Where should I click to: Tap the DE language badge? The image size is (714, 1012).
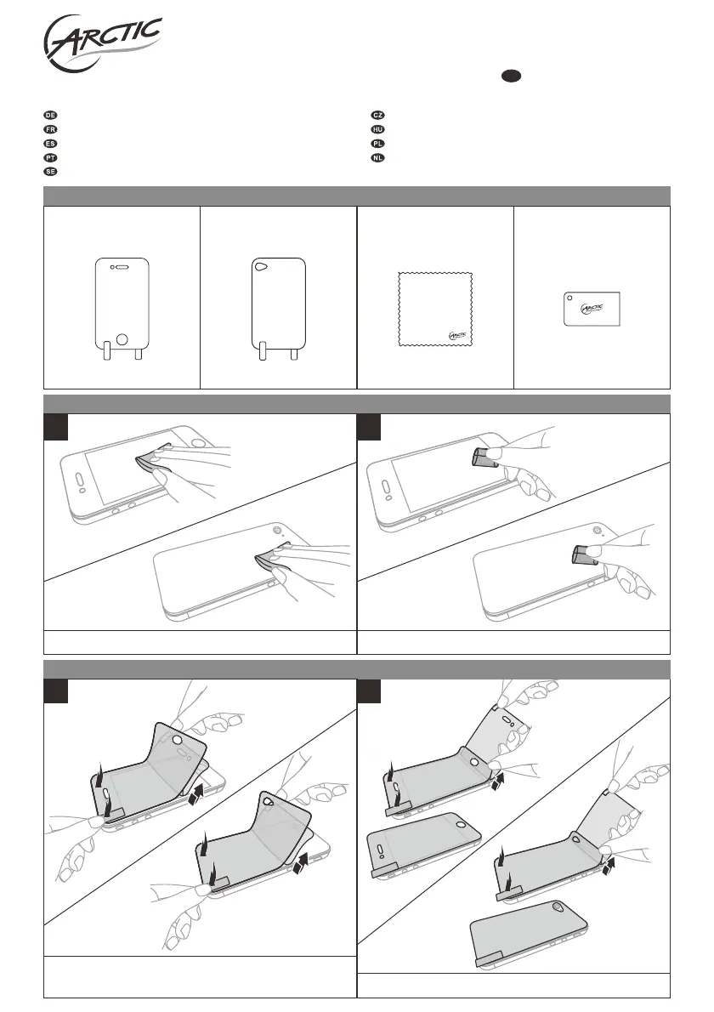click(50, 114)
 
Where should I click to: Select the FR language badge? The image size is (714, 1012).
click(50, 128)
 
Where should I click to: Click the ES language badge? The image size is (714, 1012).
click(50, 143)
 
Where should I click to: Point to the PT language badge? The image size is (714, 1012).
click(50, 157)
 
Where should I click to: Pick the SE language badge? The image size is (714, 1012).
click(50, 172)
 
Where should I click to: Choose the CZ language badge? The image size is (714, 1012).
click(378, 114)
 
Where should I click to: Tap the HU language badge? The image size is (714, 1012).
click(378, 128)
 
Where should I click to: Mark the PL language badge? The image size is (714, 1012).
click(378, 143)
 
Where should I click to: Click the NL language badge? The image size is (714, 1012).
click(378, 157)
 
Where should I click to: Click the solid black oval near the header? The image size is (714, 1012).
click(510, 76)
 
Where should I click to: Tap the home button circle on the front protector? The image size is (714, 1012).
click(122, 338)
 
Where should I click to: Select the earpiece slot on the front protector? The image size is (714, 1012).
click(123, 267)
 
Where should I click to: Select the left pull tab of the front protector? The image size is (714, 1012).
click(105, 351)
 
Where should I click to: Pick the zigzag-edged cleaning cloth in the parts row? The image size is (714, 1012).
click(435, 310)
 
